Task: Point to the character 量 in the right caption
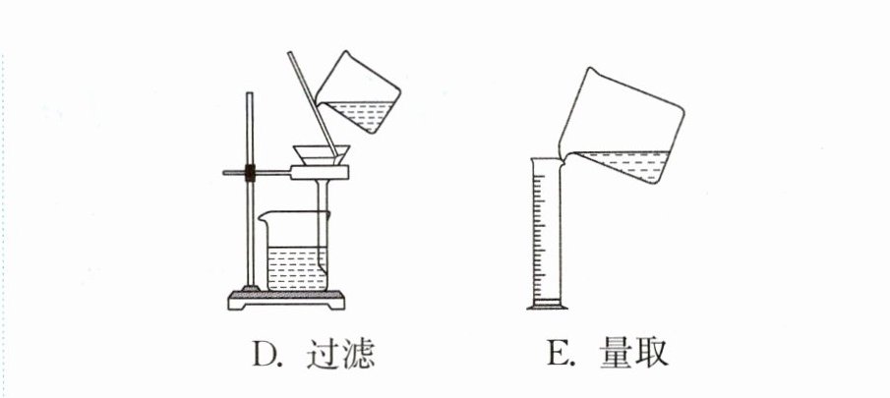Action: [616, 355]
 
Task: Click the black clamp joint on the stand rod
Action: [250, 172]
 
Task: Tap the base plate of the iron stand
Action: [286, 300]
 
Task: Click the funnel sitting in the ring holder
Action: [322, 155]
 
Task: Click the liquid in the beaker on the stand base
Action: [296, 268]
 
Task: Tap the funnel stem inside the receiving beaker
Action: [323, 226]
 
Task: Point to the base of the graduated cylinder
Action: [547, 306]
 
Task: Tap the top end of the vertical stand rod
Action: [249, 93]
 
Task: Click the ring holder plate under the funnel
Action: [320, 172]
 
